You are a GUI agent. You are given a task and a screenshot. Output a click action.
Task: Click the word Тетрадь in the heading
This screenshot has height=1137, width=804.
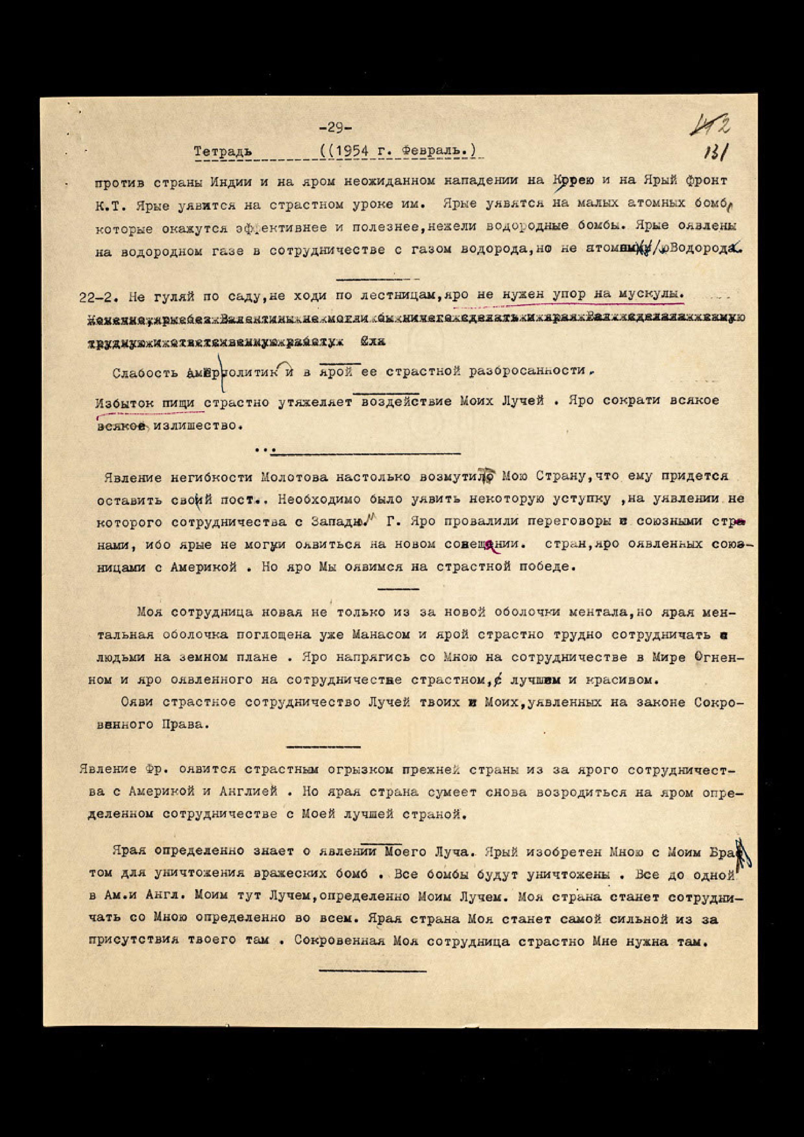tap(222, 152)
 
